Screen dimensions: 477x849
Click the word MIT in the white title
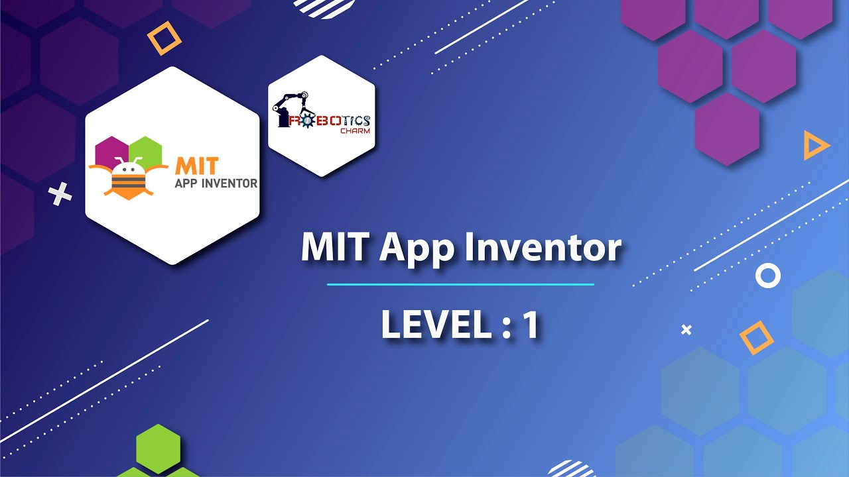[x=336, y=247]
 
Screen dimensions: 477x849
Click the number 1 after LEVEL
[x=529, y=325]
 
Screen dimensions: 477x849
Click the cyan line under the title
[x=460, y=285]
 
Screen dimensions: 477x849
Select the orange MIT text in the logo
[x=197, y=165]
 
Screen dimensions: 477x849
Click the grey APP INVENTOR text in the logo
[x=216, y=183]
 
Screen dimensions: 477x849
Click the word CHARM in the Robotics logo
[x=355, y=131]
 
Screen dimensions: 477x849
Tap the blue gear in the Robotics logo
[x=307, y=121]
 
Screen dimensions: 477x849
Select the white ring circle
[x=768, y=275]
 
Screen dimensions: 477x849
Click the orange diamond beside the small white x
[x=756, y=337]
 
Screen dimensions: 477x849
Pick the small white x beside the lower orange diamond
[x=686, y=329]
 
